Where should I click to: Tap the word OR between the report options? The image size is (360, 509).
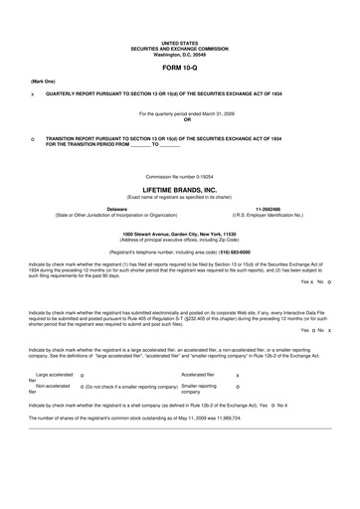pos(179,120)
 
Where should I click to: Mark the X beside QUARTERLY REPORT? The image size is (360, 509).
pos(33,93)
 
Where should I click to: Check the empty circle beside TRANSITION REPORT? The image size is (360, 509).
pos(33,141)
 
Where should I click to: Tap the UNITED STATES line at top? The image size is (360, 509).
pos(179,44)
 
